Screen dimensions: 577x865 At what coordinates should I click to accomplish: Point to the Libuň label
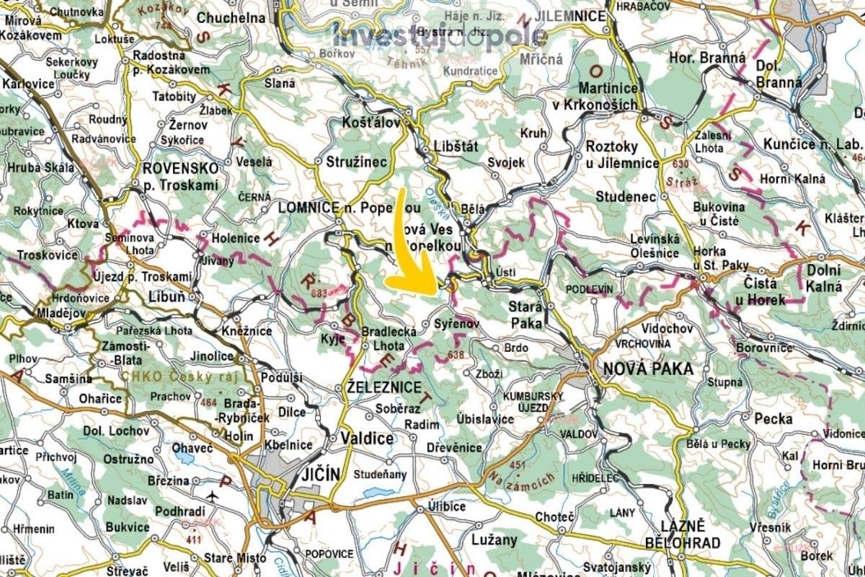pyautogui.click(x=166, y=297)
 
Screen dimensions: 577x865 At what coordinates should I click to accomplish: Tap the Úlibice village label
pyautogui.click(x=446, y=506)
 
